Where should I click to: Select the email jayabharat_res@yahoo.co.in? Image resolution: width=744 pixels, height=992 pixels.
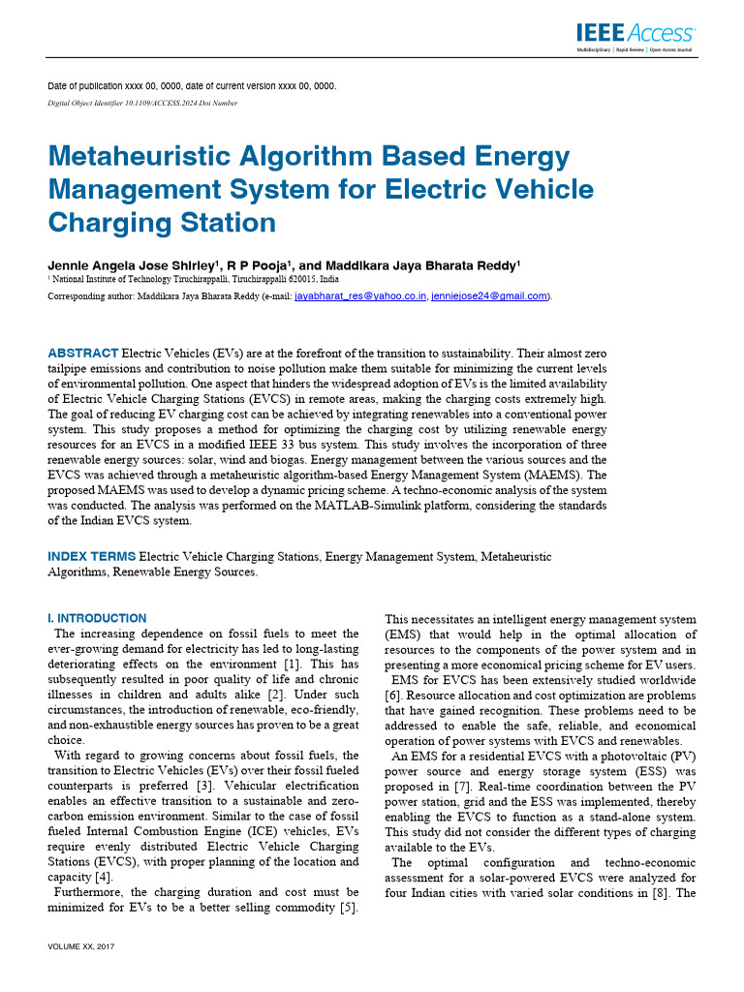point(360,295)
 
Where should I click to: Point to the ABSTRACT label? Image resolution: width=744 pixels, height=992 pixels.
point(83,353)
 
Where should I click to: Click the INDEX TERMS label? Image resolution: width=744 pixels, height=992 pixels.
point(93,557)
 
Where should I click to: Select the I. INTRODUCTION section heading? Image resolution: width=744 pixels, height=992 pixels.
point(98,618)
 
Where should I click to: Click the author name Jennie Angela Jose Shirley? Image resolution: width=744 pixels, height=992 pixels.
point(133,264)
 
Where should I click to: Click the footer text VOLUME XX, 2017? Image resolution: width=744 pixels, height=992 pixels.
point(81,945)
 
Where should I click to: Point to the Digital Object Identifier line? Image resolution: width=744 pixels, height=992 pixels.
point(142,103)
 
